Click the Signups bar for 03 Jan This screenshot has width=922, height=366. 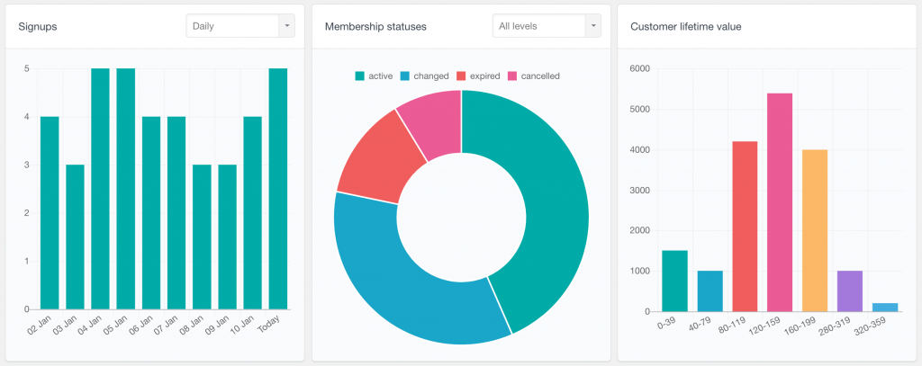pyautogui.click(x=75, y=237)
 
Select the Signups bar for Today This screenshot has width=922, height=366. pyautogui.click(x=278, y=189)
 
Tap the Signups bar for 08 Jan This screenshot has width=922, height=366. pyautogui.click(x=202, y=237)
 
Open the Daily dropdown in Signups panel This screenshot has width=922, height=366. pyautogui.click(x=240, y=26)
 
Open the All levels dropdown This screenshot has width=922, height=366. pyautogui.click(x=547, y=26)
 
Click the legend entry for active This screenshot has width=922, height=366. pyautogui.click(x=374, y=76)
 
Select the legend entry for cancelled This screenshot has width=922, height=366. pyautogui.click(x=533, y=76)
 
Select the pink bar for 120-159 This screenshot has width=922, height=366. pyautogui.click(x=780, y=202)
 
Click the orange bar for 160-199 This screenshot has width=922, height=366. pyautogui.click(x=815, y=230)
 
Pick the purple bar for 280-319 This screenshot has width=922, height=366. pyautogui.click(x=850, y=291)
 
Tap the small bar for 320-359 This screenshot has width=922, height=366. pyautogui.click(x=885, y=308)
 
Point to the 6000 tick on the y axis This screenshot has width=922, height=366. pyautogui.click(x=639, y=68)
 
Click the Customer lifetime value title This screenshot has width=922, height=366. pyautogui.click(x=685, y=26)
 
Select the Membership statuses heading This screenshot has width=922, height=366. pyautogui.click(x=375, y=26)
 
